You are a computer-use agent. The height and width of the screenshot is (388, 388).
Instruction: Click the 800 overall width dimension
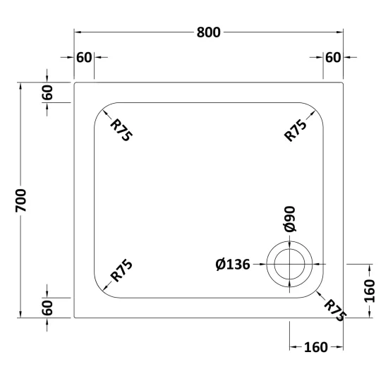(x=208, y=32)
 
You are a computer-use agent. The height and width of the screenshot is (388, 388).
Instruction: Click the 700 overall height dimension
(x=20, y=200)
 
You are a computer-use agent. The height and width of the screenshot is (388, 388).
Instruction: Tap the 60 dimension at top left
(x=84, y=57)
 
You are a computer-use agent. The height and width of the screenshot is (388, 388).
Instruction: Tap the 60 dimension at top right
(x=333, y=57)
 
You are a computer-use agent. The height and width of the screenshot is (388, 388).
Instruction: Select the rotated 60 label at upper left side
(x=47, y=92)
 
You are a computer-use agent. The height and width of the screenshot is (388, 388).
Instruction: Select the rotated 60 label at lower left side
(x=47, y=308)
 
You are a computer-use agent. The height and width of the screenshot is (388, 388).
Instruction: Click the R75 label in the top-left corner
(x=121, y=130)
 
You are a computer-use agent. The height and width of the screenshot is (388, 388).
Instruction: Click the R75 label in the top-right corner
(x=295, y=131)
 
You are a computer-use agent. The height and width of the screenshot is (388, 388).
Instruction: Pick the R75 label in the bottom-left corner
(x=121, y=270)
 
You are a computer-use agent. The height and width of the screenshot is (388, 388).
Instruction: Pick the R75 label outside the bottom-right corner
(x=335, y=310)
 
